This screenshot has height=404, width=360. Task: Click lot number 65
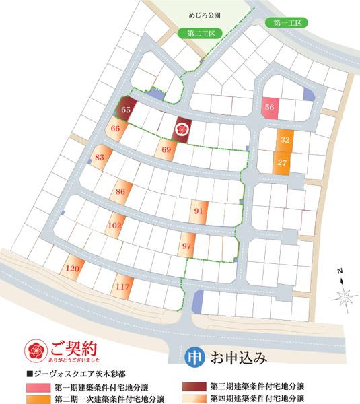(x=126, y=108)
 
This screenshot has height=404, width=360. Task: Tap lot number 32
(x=285, y=140)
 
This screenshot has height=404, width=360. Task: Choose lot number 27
(x=283, y=162)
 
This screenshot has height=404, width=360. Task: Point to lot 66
(x=116, y=129)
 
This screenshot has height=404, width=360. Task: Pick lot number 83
(x=100, y=158)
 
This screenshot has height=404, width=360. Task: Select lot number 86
(x=120, y=192)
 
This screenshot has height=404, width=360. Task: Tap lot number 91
(x=199, y=211)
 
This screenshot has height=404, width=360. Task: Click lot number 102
(x=115, y=225)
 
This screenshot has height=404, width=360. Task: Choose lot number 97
(x=187, y=246)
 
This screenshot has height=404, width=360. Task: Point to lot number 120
(x=73, y=269)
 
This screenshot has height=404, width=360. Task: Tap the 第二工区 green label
(x=200, y=33)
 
